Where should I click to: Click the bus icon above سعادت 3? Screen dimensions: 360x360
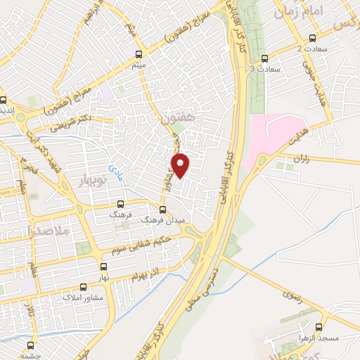pyautogui.click(x=264, y=58)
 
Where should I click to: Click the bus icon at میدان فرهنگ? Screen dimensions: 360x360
pyautogui.click(x=162, y=210)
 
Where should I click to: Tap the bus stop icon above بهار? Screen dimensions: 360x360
pyautogui.click(x=104, y=266)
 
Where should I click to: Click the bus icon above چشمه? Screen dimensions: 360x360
pyautogui.click(x=30, y=345)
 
